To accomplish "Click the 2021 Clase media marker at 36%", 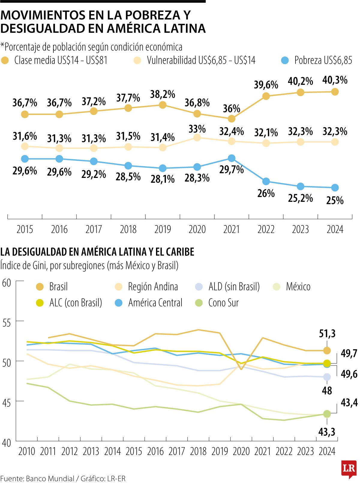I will pos(231,119).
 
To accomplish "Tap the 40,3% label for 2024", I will pos(335,80).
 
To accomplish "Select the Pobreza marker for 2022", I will pos(266,181).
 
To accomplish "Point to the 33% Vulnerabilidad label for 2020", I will pos(197,129).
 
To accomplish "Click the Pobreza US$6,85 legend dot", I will pos(285,60).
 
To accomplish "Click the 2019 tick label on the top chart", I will pos(163,229).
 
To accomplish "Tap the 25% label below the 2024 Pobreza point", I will pos(335,200).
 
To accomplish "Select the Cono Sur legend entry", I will pos(223,303).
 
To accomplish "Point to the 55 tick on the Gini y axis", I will pos(7,323).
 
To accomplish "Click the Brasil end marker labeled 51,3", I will pos(327,350).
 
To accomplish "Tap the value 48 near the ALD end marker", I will pos(327,390).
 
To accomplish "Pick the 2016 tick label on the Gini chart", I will pos(155,451).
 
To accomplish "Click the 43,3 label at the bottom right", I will pos(327,432).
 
